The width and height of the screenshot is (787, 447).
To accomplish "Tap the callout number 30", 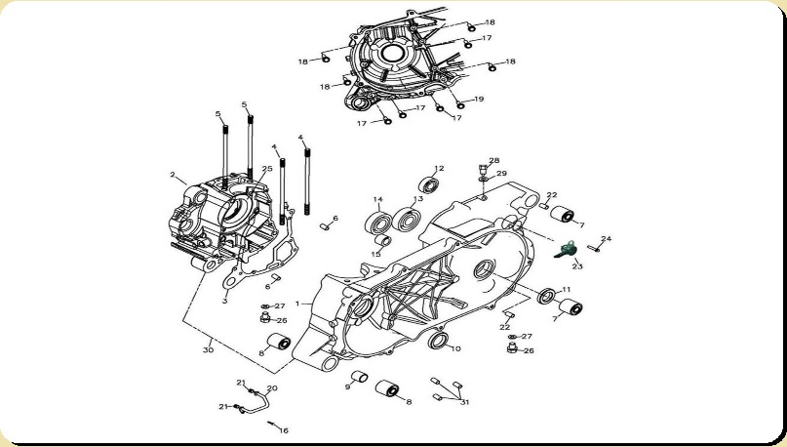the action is click(x=208, y=349).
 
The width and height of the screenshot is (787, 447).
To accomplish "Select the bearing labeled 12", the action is click(x=429, y=185).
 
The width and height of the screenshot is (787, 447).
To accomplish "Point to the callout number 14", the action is click(x=378, y=200).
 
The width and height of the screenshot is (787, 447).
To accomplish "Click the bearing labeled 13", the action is click(x=406, y=220).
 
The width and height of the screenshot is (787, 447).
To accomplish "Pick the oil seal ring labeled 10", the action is click(x=438, y=341).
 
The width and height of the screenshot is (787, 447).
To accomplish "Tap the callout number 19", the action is click(x=479, y=99).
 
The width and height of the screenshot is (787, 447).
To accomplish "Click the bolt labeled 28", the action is click(x=483, y=169).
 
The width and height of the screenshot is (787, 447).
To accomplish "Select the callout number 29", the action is click(x=501, y=174).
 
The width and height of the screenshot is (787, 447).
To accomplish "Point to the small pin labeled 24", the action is click(x=593, y=247).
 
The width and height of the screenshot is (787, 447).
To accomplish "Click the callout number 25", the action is click(x=267, y=169).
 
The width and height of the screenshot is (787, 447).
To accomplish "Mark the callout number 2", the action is click(x=173, y=175).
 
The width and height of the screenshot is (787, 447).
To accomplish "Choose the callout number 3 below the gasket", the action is click(x=225, y=301).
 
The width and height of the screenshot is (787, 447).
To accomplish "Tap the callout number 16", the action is click(x=284, y=430).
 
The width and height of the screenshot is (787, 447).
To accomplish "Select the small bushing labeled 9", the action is click(x=359, y=377).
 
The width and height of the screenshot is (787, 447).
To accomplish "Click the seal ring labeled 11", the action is click(x=545, y=296).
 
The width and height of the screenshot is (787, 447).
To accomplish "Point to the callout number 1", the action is click(x=297, y=304).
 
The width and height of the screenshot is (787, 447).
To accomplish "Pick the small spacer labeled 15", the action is click(x=383, y=240).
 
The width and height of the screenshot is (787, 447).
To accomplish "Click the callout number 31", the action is click(x=465, y=402).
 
